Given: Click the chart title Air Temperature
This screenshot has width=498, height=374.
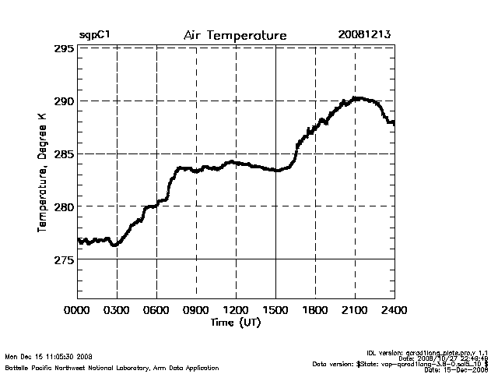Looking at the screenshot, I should point(235,36).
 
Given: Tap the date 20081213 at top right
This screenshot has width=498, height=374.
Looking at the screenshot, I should point(364,36).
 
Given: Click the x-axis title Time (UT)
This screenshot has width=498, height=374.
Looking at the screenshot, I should point(236,321).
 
